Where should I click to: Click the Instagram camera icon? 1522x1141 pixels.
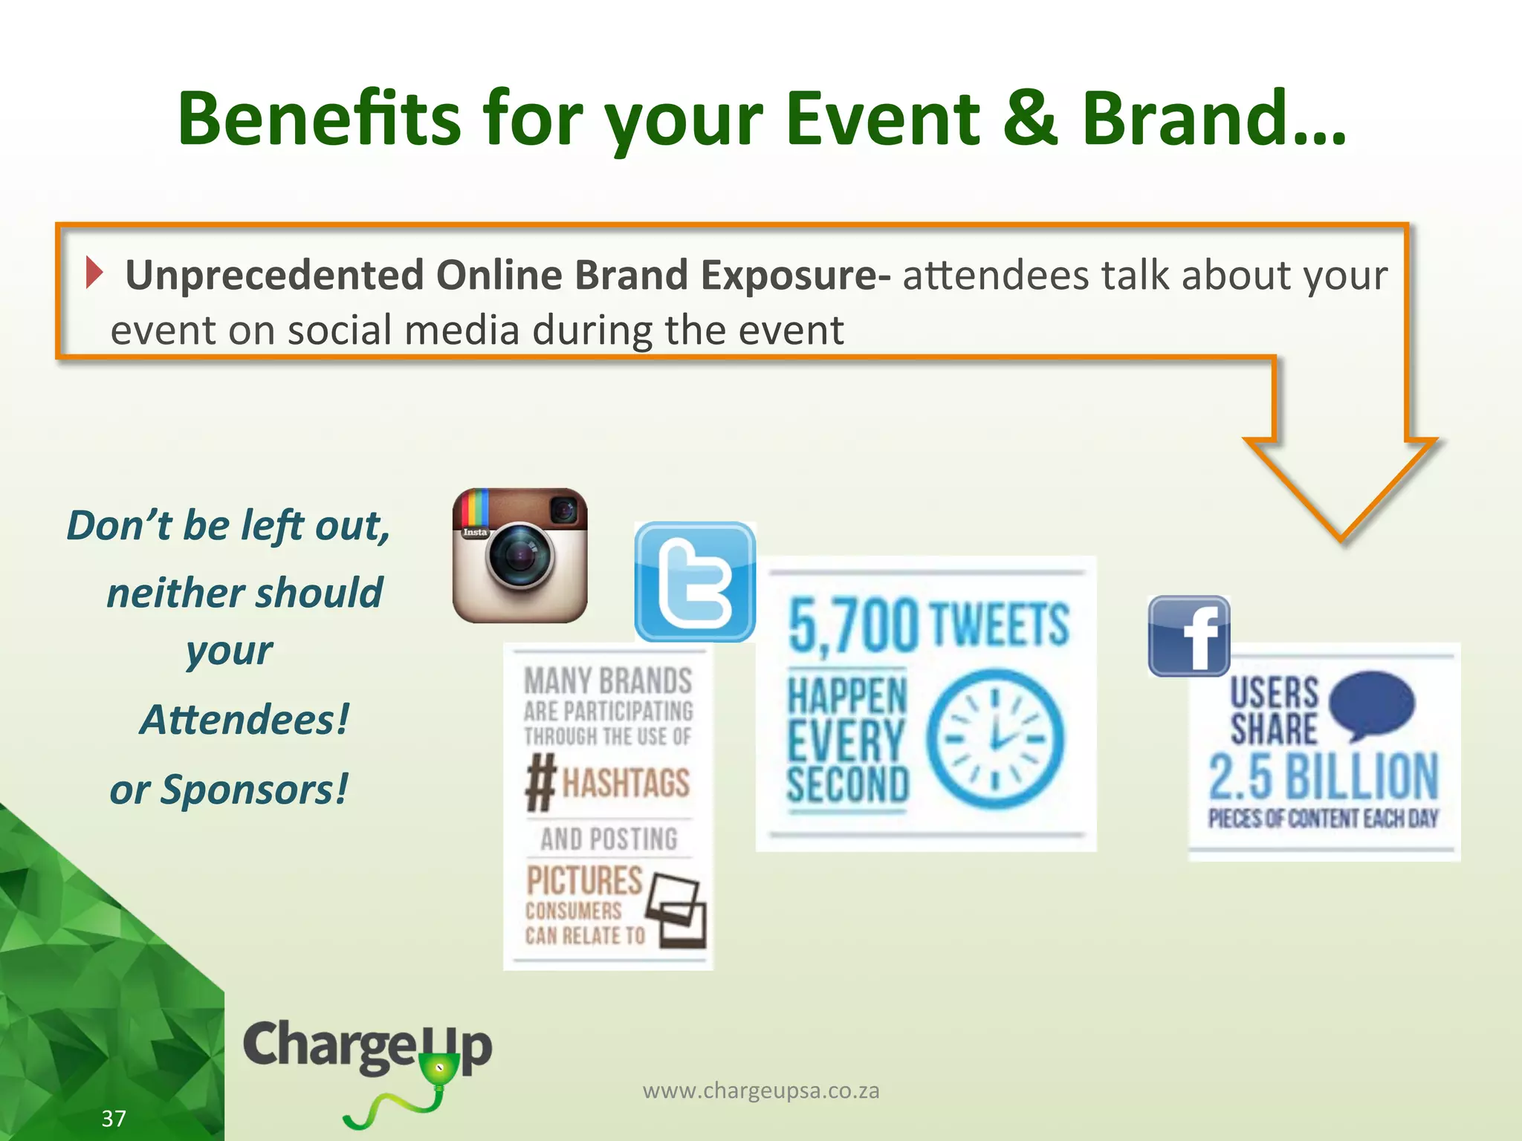pos(519,556)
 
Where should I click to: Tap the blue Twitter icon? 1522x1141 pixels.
pos(695,582)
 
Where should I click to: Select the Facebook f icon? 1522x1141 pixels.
pos(1189,636)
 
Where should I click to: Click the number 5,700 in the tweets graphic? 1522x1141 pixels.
pos(852,626)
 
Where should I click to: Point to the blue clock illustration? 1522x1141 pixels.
pos(995,738)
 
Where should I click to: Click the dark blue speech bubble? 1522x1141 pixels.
pos(1371,703)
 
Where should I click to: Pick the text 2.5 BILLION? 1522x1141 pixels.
pos(1324,776)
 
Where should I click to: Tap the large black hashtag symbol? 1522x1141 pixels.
pos(541,781)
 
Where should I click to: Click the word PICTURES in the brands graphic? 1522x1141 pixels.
pos(584,880)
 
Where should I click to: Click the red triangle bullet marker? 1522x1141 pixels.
pos(93,273)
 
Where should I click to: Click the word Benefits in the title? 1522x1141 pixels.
pos(320,119)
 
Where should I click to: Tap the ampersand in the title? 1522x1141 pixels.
pos(1029,119)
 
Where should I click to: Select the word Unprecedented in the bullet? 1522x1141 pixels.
pos(273,275)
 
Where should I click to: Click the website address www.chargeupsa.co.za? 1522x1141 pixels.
pos(761,1090)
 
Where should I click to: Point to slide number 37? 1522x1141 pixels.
pos(114,1118)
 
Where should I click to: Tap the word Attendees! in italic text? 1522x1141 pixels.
pos(245,719)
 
